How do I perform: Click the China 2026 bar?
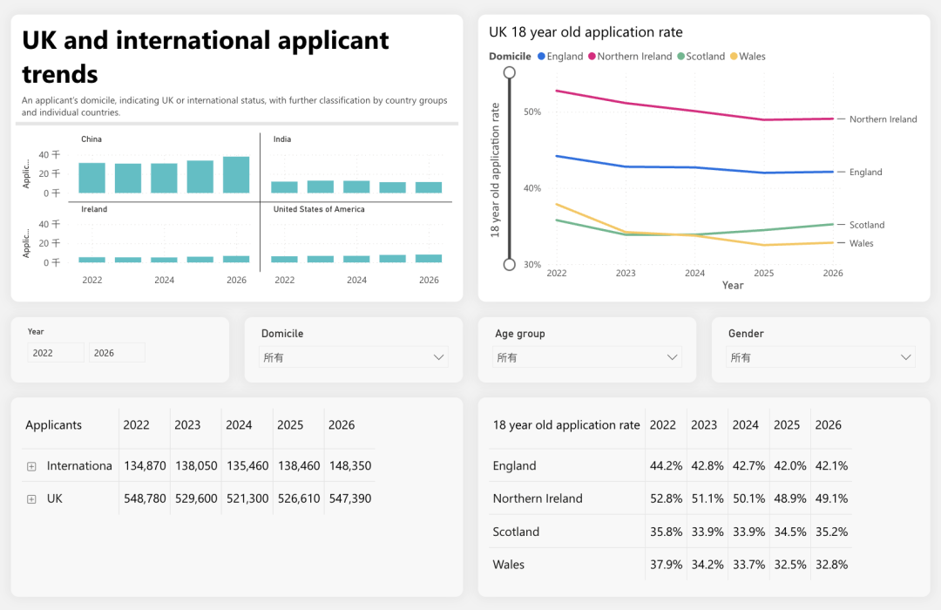(236, 174)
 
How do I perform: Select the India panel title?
(282, 139)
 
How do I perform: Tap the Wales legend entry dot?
(734, 57)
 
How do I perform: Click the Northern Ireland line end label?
(883, 119)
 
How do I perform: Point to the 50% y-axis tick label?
(532, 112)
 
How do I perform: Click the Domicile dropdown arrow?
(438, 357)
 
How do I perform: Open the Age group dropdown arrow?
(672, 357)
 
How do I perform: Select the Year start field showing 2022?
(56, 353)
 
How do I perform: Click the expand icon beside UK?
(32, 499)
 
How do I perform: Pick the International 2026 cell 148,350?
(350, 466)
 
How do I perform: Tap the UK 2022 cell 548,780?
(145, 499)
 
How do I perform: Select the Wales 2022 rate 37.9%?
(667, 565)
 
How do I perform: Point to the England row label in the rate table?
(514, 466)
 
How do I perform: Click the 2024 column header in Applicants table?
(239, 425)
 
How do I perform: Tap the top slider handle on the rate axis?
(510, 72)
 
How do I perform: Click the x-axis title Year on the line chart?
(733, 285)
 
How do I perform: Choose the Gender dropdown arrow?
(905, 357)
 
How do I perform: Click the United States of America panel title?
(319, 209)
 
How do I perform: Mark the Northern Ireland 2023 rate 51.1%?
(707, 499)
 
